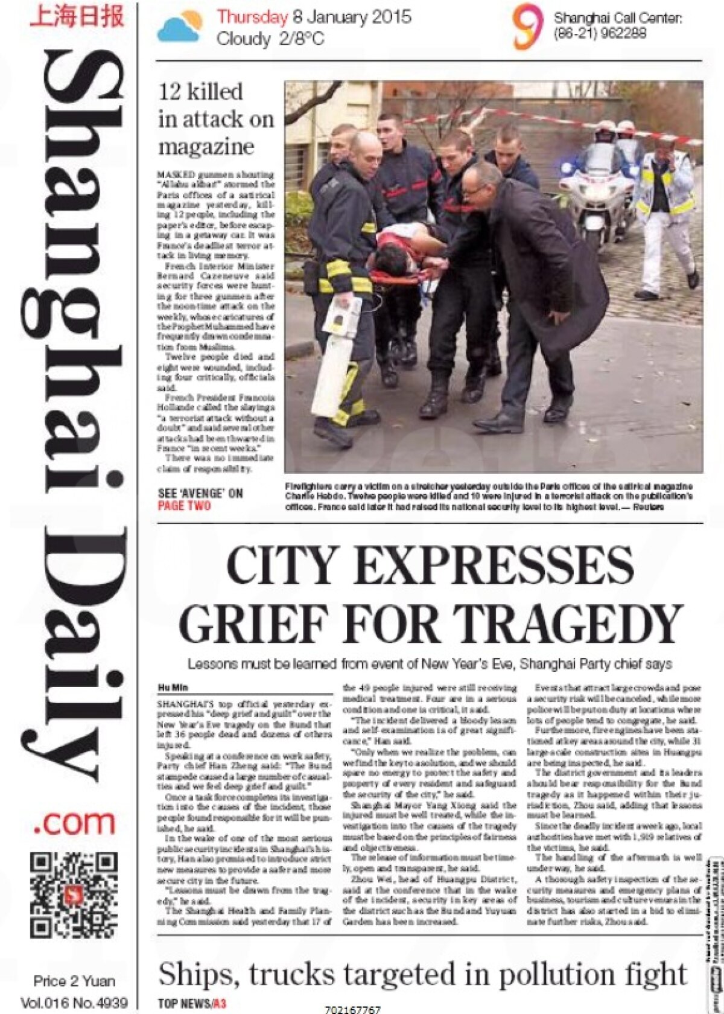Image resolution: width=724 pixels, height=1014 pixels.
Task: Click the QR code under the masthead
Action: click(x=74, y=894)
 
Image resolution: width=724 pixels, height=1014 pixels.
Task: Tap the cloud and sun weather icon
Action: click(x=180, y=27)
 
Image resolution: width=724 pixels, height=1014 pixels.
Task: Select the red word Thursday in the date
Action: click(x=252, y=17)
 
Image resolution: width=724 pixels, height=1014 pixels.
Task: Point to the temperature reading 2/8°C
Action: click(x=301, y=39)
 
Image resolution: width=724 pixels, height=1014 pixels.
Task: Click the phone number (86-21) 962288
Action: click(x=600, y=33)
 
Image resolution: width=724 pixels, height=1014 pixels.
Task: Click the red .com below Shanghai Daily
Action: click(x=74, y=823)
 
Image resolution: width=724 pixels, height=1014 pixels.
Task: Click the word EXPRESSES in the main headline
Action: click(x=495, y=566)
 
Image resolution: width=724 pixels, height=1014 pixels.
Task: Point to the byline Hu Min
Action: click(x=173, y=687)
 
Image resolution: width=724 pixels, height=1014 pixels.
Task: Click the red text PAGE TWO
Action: click(x=184, y=506)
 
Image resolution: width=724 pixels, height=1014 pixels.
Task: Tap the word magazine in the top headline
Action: click(x=206, y=147)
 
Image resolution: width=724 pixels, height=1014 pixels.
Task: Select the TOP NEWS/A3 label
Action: click(x=192, y=1003)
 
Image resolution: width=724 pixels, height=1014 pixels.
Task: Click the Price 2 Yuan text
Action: click(x=74, y=981)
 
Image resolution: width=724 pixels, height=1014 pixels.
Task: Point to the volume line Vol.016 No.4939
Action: click(x=74, y=1003)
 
